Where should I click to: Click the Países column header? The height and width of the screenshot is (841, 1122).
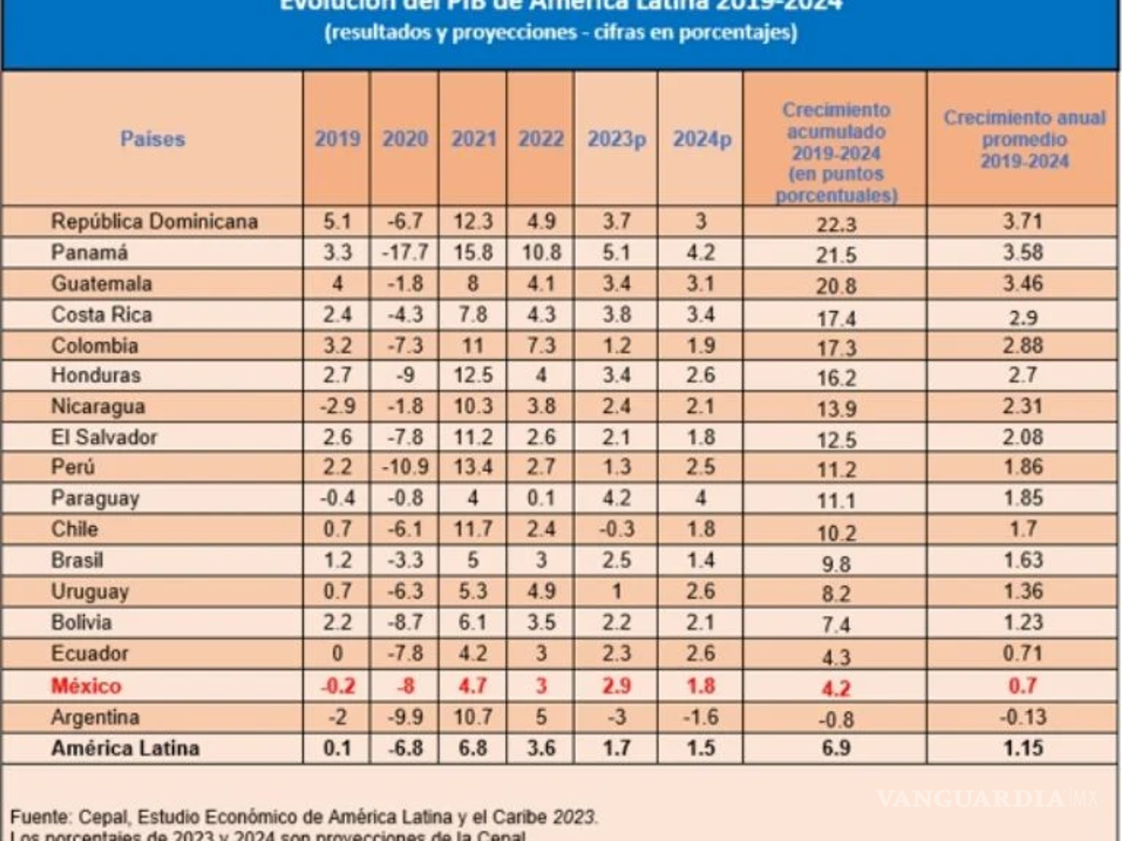coord(152,139)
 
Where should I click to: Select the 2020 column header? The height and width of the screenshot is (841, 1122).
coord(405,139)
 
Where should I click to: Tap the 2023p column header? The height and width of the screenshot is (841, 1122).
coord(616,139)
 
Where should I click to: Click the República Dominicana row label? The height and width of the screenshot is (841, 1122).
coord(154,221)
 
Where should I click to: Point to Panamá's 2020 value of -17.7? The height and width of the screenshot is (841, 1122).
coord(405,252)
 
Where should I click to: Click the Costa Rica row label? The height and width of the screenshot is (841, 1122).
coord(101,314)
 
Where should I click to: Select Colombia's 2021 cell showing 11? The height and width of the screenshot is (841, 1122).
coord(473,346)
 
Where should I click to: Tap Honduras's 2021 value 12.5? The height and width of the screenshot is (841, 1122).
coord(473,376)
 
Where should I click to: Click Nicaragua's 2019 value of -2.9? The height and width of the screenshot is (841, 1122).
coord(337,406)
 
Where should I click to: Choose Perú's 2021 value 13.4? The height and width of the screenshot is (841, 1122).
coord(473,467)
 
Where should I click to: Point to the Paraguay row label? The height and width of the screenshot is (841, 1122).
coord(94,498)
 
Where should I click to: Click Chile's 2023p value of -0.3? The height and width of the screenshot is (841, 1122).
coord(616,529)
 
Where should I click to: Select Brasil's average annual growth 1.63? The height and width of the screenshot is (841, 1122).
coord(1024,561)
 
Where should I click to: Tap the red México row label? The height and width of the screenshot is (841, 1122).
coord(86,686)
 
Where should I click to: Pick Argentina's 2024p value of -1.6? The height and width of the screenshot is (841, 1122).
coord(700,718)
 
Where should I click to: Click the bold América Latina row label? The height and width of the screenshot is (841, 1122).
coord(125,748)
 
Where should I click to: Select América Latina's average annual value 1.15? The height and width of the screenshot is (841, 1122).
coord(1024,748)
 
